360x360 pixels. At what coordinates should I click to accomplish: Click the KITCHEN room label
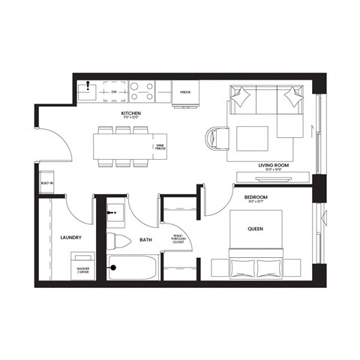point(132,114)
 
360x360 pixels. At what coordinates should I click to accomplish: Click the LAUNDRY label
point(70,238)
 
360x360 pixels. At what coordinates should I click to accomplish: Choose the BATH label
point(146,240)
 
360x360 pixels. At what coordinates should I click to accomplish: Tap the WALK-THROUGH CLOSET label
point(178,239)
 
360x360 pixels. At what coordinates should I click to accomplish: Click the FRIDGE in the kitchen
point(185,93)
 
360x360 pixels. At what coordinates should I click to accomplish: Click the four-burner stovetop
point(142,91)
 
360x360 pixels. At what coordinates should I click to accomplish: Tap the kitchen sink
point(89,92)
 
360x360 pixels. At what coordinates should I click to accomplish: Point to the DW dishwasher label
point(115,92)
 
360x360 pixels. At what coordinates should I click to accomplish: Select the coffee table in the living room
point(253,139)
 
